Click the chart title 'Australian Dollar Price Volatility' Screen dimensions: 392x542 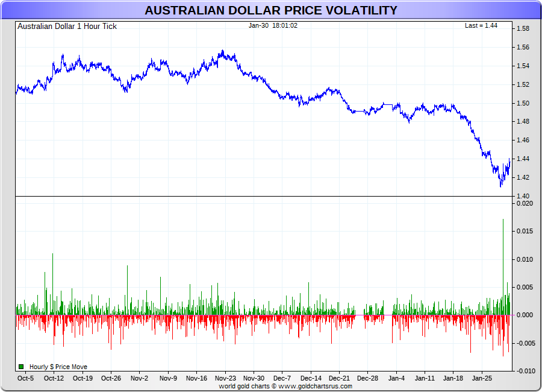(271, 10)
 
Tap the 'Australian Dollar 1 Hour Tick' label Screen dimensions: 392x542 (67, 27)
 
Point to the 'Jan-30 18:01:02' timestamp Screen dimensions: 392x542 (273, 26)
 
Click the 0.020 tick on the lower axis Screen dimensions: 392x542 (525, 204)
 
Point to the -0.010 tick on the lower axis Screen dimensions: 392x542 (525, 370)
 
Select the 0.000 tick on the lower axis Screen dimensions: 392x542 (525, 315)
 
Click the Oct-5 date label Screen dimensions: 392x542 (25, 379)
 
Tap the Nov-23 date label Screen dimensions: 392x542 (225, 379)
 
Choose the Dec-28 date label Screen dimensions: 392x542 (367, 379)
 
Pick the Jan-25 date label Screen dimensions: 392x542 (482, 379)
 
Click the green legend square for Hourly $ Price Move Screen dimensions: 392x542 (21, 367)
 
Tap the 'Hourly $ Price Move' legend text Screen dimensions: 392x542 (58, 367)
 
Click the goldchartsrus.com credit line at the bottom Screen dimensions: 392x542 (285, 386)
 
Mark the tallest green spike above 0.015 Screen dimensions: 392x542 (503, 221)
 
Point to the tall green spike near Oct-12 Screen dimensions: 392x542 (52, 254)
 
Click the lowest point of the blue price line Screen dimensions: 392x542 (500, 186)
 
